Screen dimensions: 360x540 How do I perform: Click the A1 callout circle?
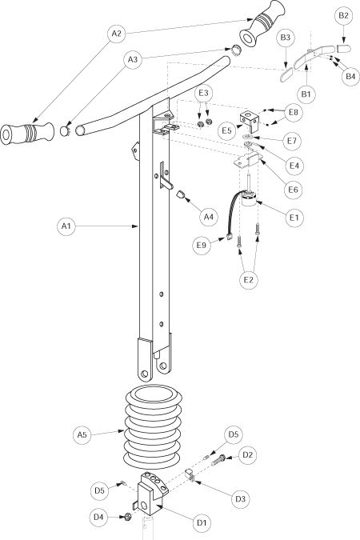(66, 226)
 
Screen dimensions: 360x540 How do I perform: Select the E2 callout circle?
(249, 280)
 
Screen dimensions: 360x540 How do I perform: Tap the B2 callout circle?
(343, 15)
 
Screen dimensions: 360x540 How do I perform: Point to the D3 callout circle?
(240, 498)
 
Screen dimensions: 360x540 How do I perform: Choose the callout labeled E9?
(202, 245)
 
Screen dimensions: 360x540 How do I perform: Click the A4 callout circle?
(210, 217)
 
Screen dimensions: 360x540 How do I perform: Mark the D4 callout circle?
(98, 517)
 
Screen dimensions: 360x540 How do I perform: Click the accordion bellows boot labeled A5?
(154, 426)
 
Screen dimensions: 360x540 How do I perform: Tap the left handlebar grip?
(27, 132)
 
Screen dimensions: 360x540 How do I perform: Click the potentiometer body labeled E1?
(250, 198)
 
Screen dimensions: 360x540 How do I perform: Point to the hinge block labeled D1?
(151, 494)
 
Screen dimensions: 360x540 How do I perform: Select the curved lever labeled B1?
(314, 56)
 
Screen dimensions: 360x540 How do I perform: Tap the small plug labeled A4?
(182, 195)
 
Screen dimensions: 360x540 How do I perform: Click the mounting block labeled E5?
(250, 122)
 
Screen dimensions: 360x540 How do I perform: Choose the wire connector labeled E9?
(229, 237)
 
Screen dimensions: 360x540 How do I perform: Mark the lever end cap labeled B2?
(344, 48)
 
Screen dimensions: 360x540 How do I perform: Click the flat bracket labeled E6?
(249, 161)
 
